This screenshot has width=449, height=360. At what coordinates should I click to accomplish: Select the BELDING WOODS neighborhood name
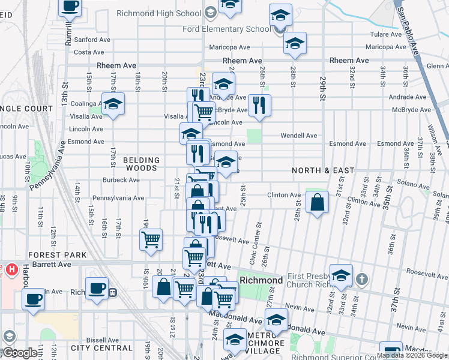pos(142,164)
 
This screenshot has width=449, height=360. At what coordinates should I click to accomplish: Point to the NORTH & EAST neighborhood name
pos(323,170)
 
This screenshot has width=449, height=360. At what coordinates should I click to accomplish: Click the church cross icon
pos(361,278)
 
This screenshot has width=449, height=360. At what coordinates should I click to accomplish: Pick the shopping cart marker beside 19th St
pos(151,239)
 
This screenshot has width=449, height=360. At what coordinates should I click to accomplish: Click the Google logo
pos(19,353)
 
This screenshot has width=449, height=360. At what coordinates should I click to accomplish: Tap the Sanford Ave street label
pos(94,40)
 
